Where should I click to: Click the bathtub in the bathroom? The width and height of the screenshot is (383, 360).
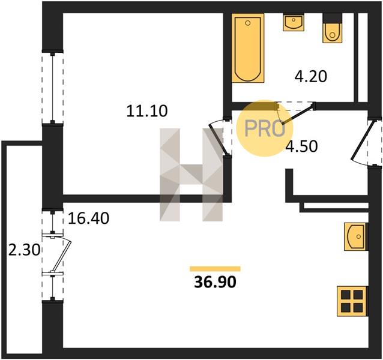(x=248, y=48)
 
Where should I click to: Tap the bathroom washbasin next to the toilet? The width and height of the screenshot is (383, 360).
(x=294, y=22)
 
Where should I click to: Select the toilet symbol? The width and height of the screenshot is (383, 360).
(x=332, y=28)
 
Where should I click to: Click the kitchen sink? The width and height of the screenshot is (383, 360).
(x=355, y=236)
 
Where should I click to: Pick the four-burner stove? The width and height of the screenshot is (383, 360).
(x=352, y=301)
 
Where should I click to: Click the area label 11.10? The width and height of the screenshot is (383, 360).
(x=147, y=111)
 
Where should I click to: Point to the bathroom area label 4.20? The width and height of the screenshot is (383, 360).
(x=311, y=76)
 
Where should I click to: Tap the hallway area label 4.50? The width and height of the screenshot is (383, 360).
(x=302, y=146)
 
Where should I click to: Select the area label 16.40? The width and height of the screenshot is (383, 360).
(x=89, y=218)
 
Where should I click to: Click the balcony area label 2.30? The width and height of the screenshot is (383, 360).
(x=24, y=250)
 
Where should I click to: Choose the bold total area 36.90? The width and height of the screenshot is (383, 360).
(x=215, y=283)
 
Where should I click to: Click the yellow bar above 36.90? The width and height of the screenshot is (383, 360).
(x=215, y=269)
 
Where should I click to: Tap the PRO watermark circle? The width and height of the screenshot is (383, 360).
(x=265, y=128)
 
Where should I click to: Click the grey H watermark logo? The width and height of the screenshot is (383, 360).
(x=191, y=175)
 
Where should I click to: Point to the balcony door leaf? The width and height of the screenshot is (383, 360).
(x=62, y=256)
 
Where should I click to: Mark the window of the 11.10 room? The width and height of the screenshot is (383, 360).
(x=52, y=88)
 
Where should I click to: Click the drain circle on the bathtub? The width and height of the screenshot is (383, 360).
(x=248, y=23)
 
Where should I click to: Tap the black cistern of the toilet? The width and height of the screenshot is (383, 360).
(x=332, y=19)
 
